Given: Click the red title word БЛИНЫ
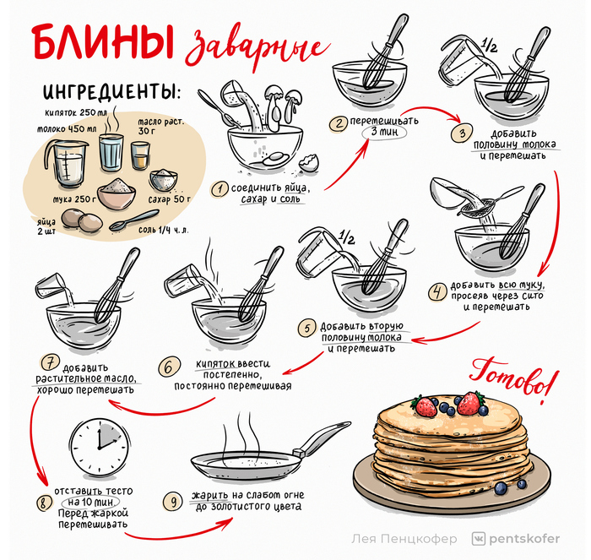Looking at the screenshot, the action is (103, 41).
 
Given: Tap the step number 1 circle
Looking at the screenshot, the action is (219, 189).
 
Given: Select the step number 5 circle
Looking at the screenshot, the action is (307, 329).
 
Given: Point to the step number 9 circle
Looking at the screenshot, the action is (173, 502).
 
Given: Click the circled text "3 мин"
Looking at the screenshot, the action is (384, 132).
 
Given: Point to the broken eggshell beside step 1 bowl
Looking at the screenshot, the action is (309, 163).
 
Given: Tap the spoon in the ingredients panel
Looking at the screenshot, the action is (134, 220).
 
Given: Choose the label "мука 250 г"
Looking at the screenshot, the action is (74, 198).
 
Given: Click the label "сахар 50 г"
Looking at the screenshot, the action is (169, 199).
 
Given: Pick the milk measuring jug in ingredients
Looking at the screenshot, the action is (66, 163).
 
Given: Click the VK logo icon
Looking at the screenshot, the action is (479, 539).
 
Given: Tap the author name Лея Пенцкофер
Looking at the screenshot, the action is (404, 539).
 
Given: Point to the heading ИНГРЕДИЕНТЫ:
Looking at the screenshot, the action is (111, 91).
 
